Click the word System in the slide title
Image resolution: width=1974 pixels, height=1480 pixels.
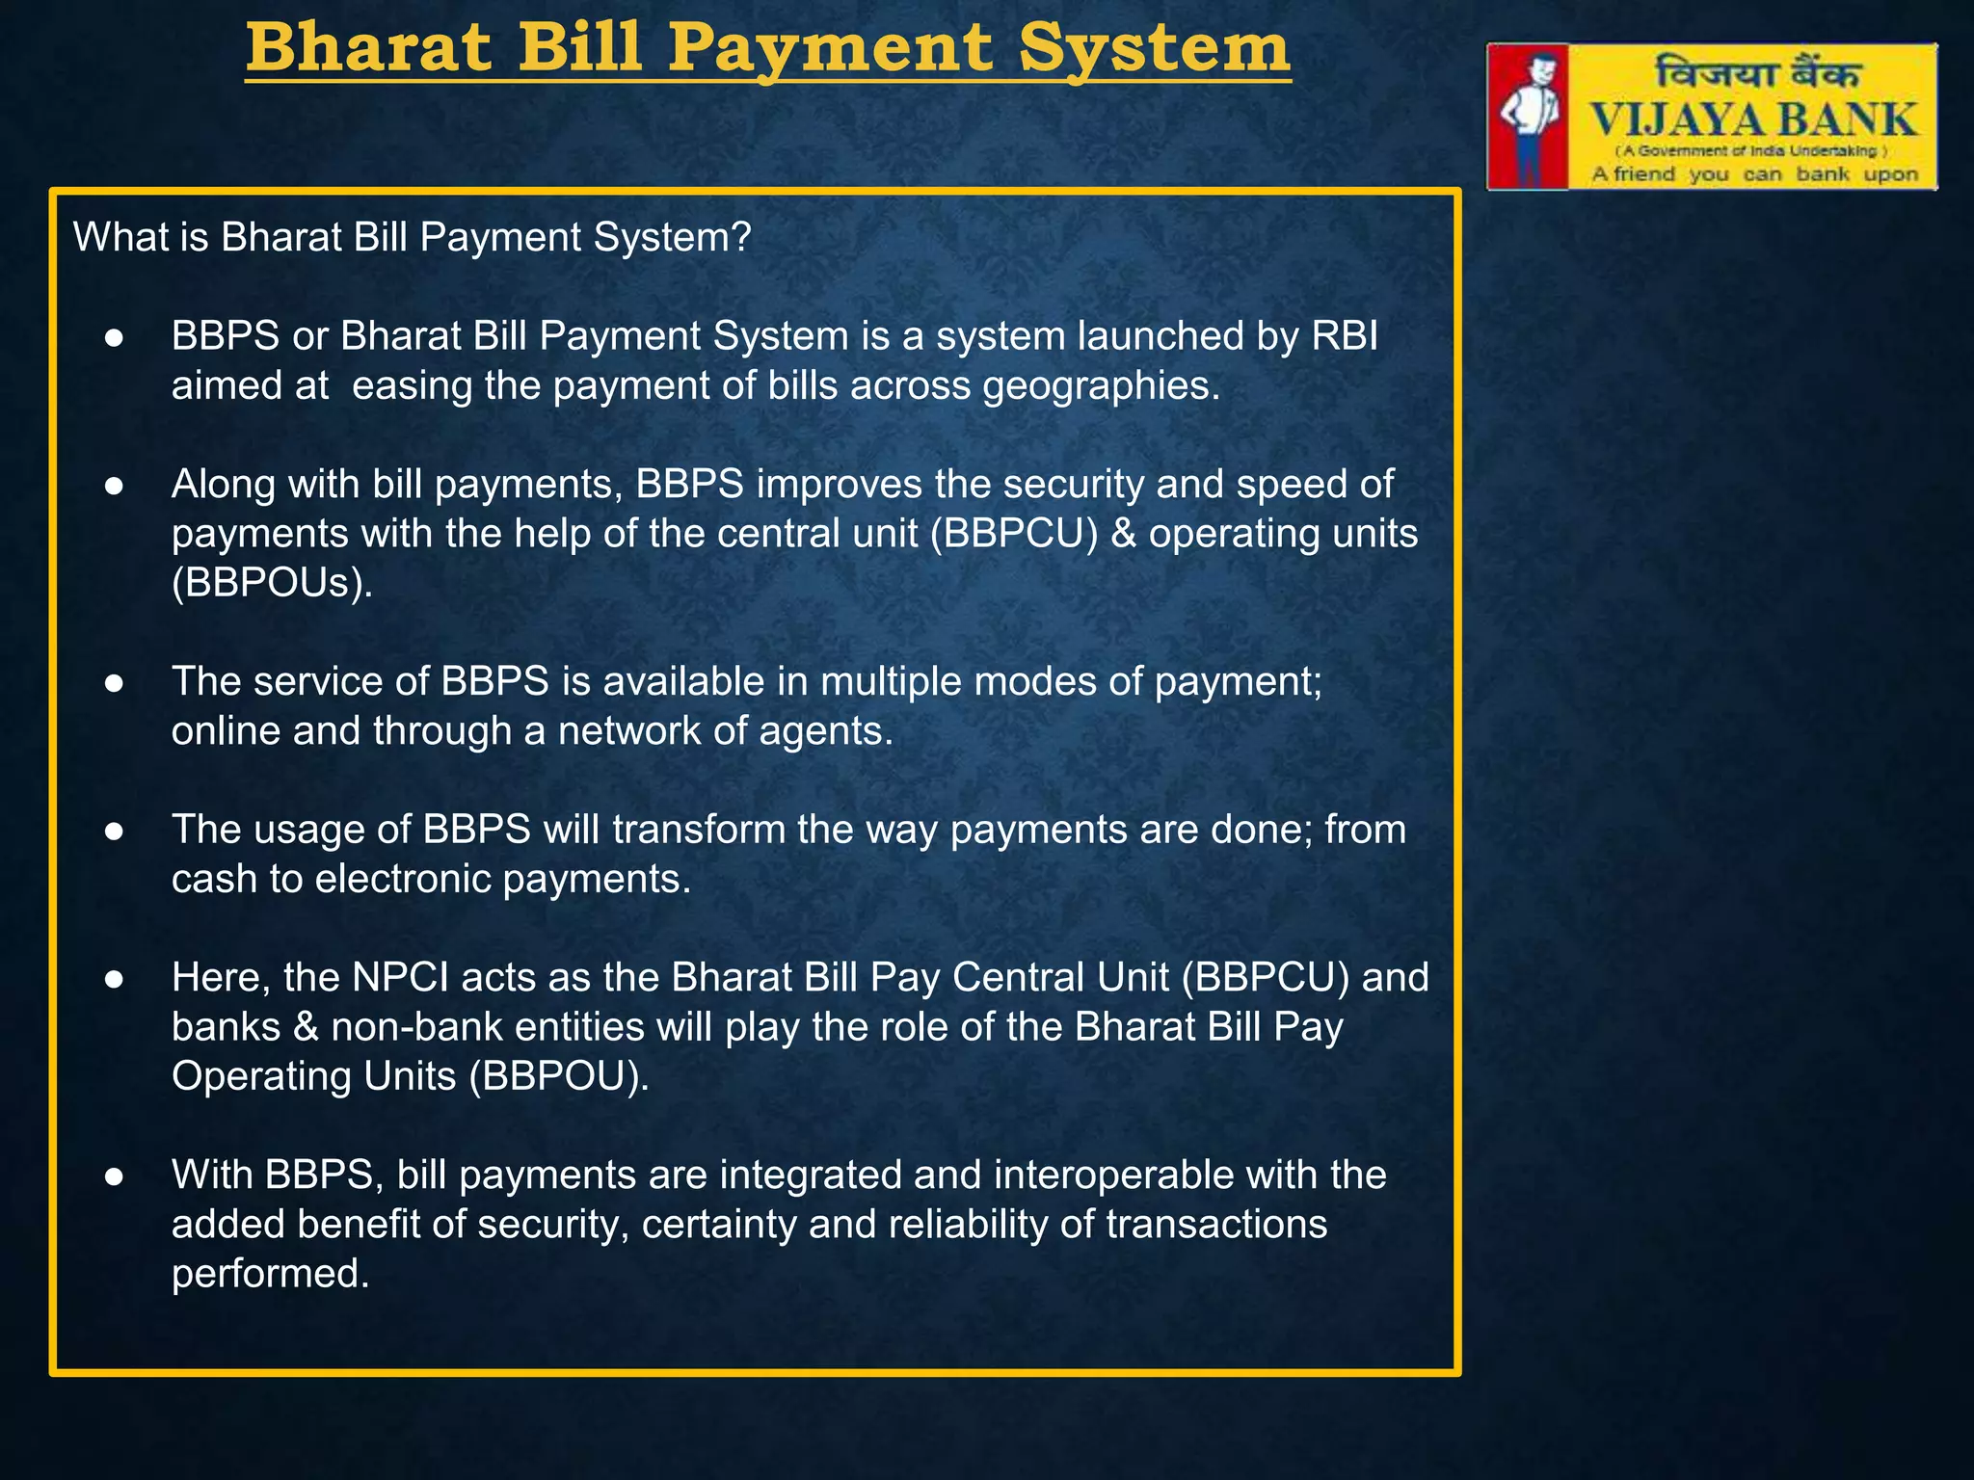[1155, 48]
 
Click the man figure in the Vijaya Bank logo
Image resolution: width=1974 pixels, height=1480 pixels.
[1529, 116]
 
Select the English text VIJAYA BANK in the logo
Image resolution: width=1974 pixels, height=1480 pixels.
[1753, 121]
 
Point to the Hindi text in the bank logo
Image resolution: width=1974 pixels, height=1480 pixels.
[1756, 73]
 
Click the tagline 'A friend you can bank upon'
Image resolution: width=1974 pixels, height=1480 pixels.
[1754, 174]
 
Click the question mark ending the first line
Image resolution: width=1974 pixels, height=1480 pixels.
[741, 237]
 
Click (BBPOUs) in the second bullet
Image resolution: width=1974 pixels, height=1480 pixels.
[272, 583]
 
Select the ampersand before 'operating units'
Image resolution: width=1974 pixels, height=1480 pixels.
[1123, 534]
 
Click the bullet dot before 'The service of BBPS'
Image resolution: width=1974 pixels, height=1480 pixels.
[114, 683]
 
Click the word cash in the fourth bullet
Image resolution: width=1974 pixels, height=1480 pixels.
[214, 879]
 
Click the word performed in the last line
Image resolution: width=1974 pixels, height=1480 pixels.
[270, 1274]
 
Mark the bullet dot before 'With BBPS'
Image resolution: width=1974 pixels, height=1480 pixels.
[114, 1176]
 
